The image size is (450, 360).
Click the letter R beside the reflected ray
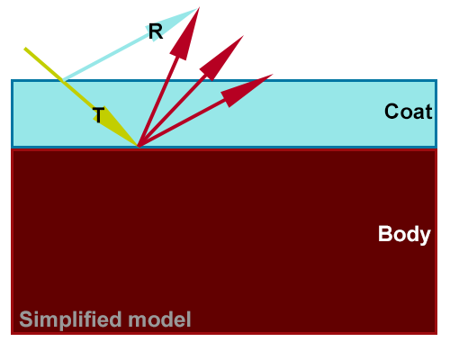156,31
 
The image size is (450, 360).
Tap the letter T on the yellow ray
99,115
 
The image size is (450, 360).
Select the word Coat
409,112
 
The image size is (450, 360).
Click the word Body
404,234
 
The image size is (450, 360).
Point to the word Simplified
70,319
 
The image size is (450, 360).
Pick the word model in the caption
159,319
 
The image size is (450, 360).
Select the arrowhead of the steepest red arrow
186,34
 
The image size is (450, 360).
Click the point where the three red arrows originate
139,147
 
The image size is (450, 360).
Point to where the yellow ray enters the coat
62,80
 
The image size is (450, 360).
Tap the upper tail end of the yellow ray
25,49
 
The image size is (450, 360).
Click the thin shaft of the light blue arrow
106,56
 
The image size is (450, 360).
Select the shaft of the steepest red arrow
158,101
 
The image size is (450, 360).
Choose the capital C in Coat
391,112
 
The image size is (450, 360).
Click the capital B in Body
385,233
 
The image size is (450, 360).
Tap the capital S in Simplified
26,319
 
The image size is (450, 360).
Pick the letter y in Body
425,237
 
